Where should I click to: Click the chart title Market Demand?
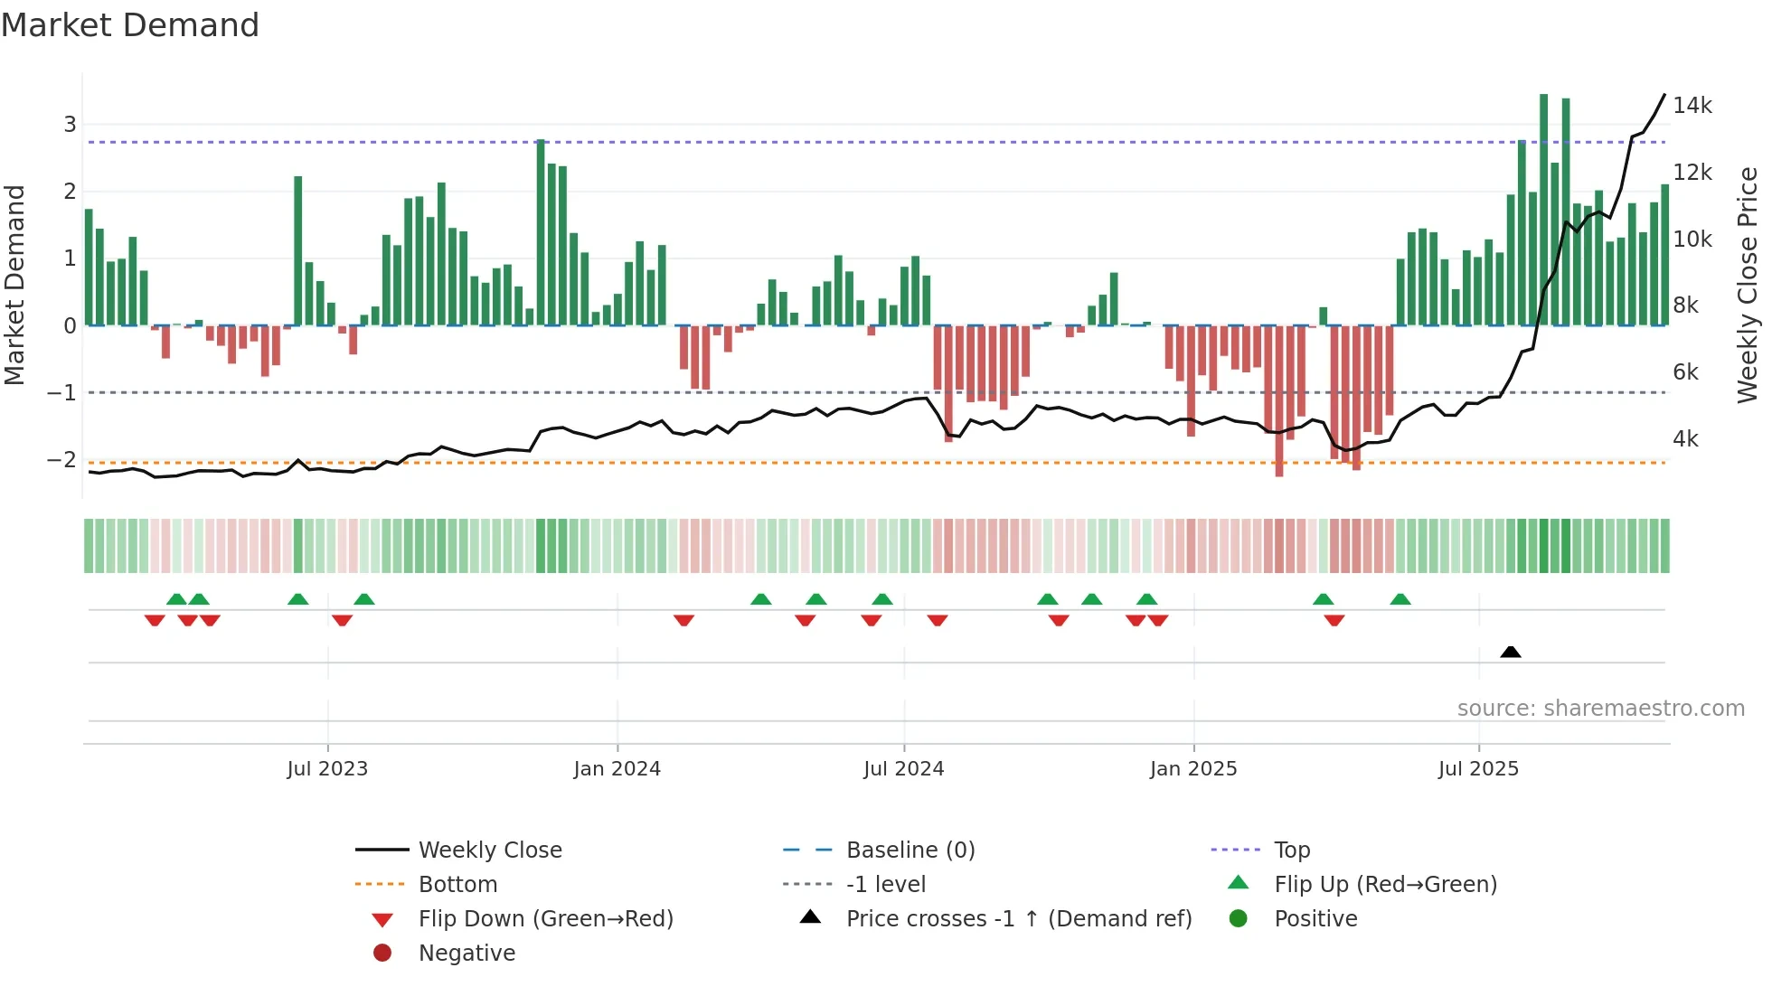click(x=130, y=25)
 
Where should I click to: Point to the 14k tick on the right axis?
click(x=1692, y=106)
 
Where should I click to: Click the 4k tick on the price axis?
click(x=1685, y=439)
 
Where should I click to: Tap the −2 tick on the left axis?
click(x=61, y=459)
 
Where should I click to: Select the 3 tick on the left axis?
click(x=70, y=124)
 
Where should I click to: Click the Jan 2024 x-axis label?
click(x=617, y=769)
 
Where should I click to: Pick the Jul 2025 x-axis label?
click(x=1478, y=769)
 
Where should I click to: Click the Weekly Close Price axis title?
click(x=1748, y=285)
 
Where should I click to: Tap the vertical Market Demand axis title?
click(x=15, y=285)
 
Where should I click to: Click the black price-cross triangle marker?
click(x=1510, y=652)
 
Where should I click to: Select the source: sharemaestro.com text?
click(x=1600, y=709)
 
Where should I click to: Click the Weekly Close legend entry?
click(x=489, y=850)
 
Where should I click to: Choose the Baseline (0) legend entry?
click(x=910, y=850)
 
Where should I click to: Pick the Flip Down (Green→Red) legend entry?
click(x=545, y=919)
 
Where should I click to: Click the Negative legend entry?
click(x=467, y=954)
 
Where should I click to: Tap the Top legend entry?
click(x=1291, y=850)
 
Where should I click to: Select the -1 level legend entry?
click(x=885, y=884)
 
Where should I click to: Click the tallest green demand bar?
click(x=1543, y=210)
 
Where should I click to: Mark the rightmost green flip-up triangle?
click(x=1400, y=599)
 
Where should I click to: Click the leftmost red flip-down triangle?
click(x=155, y=620)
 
